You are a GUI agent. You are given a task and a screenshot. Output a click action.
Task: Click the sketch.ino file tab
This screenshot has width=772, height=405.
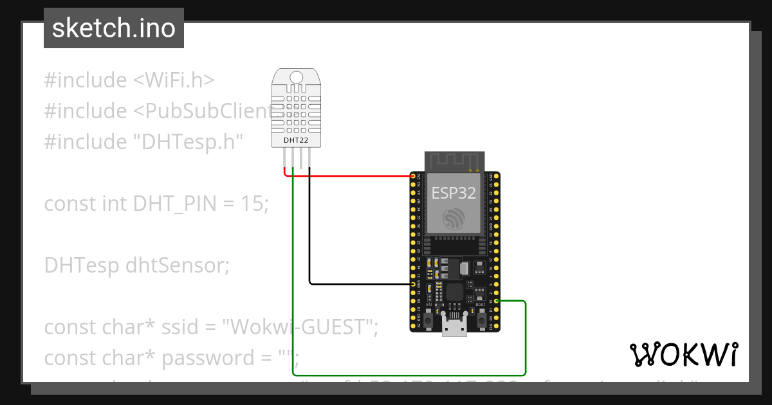(114, 28)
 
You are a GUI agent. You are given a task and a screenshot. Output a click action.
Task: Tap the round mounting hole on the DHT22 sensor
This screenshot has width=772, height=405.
(297, 78)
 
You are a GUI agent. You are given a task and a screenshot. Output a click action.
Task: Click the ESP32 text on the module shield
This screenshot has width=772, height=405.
(454, 193)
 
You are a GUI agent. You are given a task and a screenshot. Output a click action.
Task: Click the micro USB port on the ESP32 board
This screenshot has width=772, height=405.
(454, 327)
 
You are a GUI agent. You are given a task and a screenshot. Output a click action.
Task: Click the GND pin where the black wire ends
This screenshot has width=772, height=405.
(413, 283)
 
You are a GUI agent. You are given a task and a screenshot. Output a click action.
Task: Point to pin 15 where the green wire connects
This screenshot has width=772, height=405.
(497, 301)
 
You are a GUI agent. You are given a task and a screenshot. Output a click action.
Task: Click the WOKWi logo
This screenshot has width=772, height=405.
(683, 354)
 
